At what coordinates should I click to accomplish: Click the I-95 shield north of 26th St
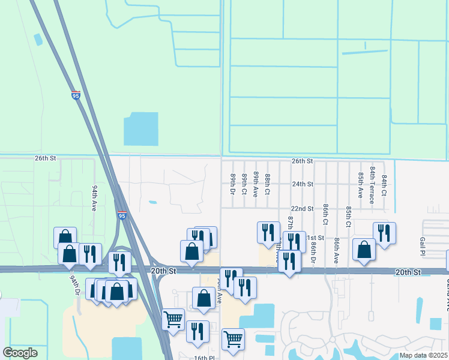point(75,95)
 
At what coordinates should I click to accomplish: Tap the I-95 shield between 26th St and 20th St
point(122,215)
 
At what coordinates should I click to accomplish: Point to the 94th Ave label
point(94,197)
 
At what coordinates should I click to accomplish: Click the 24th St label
point(303,184)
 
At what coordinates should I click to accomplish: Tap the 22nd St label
point(303,208)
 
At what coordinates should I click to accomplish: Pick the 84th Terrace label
point(373,185)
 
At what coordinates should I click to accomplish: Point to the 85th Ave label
point(360,185)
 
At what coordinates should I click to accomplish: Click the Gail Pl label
point(422,245)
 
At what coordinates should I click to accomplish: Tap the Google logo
point(20,353)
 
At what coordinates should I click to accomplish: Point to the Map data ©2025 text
point(423,355)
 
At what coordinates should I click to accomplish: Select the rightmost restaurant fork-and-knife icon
point(384,233)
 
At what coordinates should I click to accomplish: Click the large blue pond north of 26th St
point(141,128)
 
